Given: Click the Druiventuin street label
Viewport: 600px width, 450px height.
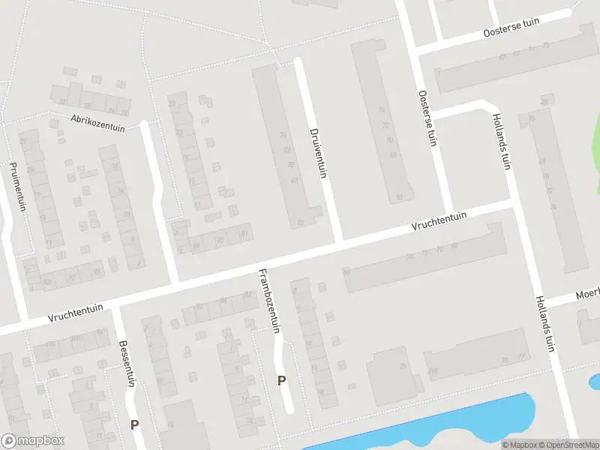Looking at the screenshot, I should [319, 153].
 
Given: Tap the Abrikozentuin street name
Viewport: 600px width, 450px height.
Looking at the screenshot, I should [97, 122].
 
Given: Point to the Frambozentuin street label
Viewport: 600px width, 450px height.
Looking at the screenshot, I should [268, 300].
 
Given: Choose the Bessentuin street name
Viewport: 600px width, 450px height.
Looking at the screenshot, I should [126, 364].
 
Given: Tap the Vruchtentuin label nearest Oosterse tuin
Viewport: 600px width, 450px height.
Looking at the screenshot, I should [439, 222].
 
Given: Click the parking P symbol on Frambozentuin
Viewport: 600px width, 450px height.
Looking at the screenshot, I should [282, 380].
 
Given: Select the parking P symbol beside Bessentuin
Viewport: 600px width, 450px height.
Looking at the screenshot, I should [135, 424].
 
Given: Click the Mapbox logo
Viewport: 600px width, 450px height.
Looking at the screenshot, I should [33, 441].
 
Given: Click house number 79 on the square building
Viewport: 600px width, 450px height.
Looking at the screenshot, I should [403, 367].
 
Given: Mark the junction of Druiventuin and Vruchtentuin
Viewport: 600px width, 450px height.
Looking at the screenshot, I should [339, 243].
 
